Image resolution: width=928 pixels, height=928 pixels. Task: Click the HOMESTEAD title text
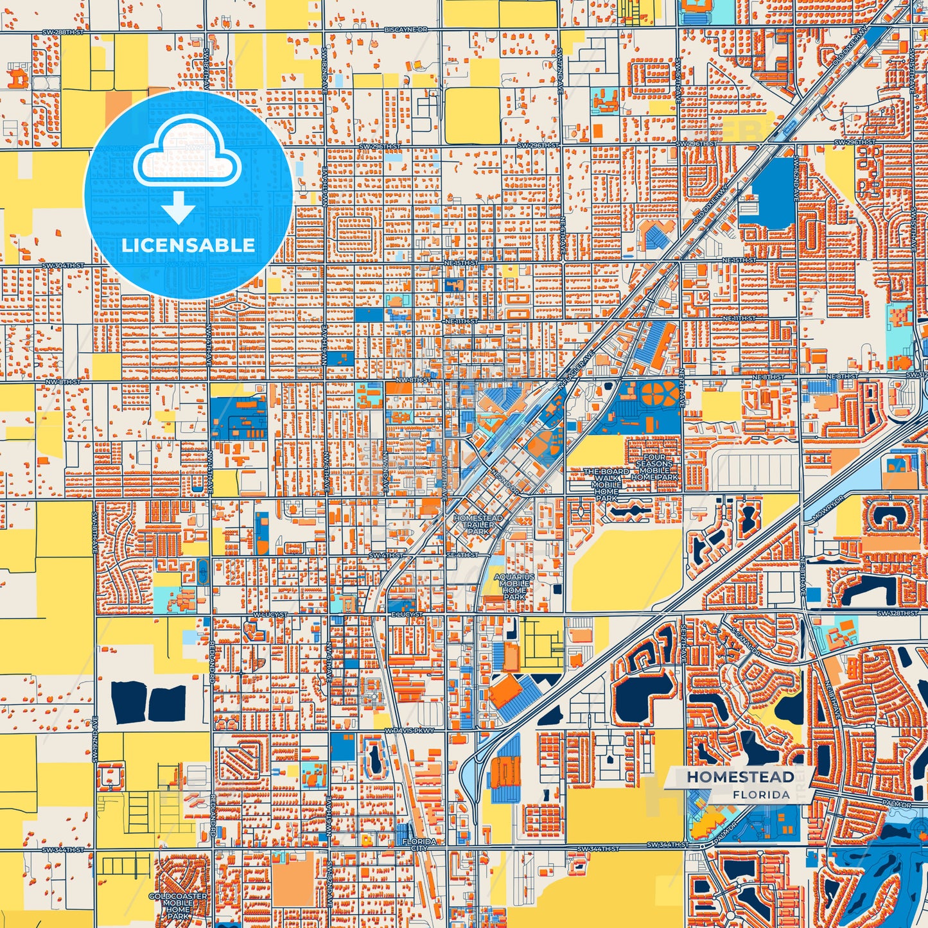740,776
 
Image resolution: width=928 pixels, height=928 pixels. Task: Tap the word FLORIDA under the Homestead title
761,794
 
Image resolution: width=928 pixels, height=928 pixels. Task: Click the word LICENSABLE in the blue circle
188,245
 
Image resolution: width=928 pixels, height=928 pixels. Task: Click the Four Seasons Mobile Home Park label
654,468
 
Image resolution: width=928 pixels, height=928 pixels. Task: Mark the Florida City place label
419,845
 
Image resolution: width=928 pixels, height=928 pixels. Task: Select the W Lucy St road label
268,615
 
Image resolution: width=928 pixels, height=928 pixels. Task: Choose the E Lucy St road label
406,615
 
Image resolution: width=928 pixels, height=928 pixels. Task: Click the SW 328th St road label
906,613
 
